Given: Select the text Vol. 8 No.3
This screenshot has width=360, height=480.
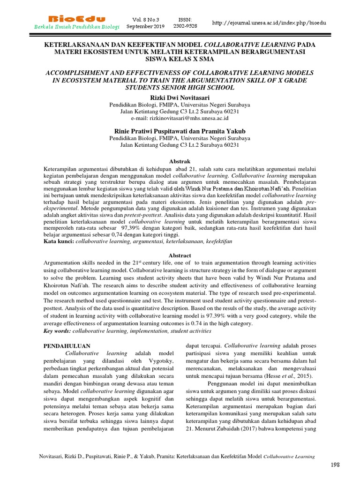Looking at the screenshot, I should [145, 20].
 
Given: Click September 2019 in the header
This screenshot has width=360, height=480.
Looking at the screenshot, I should [145, 26].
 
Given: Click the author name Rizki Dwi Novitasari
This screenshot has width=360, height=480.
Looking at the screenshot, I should [180, 97].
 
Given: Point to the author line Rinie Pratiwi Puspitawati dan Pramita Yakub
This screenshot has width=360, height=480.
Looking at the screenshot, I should [180, 131].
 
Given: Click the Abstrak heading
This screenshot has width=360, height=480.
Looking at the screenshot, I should [180, 161].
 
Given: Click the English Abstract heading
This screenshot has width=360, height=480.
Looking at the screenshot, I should [180, 255].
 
